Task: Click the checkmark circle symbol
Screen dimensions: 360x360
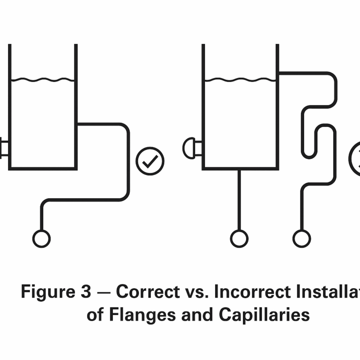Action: point(150,161)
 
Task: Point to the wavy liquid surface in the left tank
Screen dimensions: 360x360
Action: point(43,80)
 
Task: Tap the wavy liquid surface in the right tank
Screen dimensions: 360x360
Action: point(240,80)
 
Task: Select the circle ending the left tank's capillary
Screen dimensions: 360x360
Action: point(41,239)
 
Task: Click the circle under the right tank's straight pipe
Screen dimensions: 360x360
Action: point(240,239)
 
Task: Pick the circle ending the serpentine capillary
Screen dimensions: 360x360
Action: point(301,239)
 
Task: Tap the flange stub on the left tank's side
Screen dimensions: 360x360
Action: point(3,148)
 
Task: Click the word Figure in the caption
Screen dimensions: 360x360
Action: point(44,292)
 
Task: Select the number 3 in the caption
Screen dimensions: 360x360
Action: point(85,292)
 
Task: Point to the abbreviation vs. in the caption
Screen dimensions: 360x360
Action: point(198,292)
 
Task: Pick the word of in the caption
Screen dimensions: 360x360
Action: point(95,315)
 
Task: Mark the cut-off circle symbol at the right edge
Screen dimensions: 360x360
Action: point(355,159)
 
